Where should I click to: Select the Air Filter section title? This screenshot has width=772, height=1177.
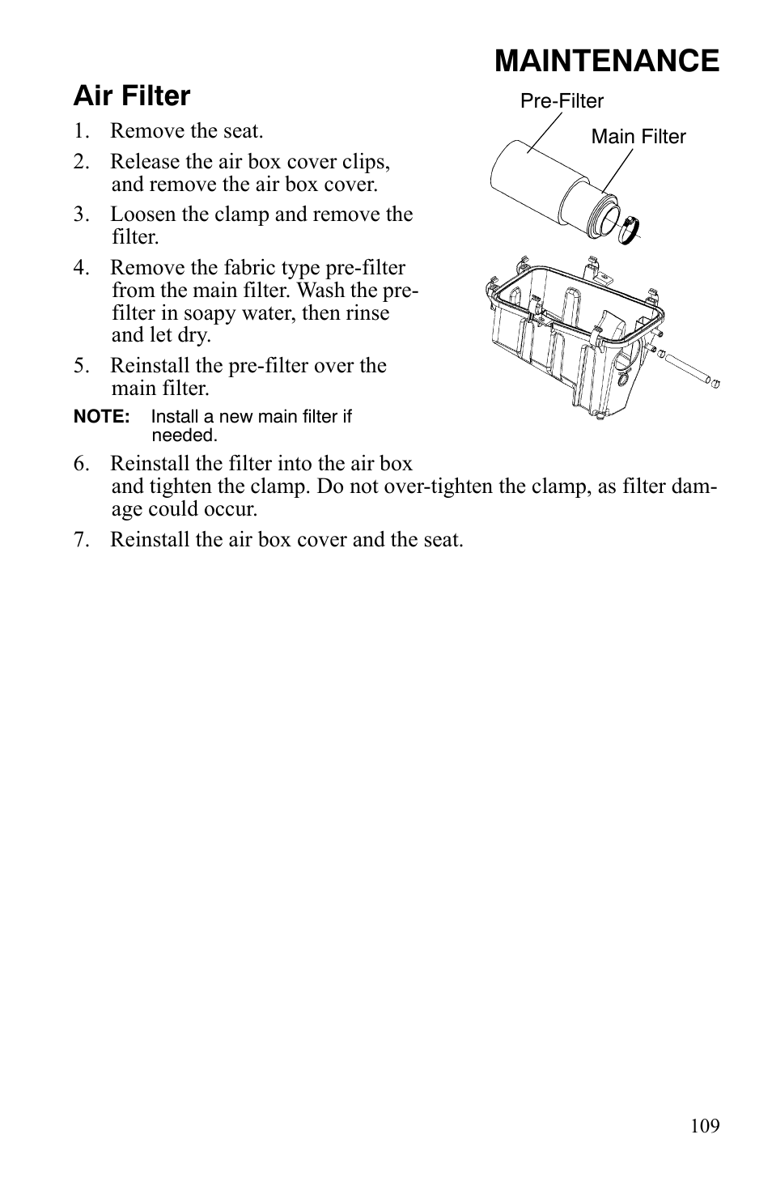click(132, 96)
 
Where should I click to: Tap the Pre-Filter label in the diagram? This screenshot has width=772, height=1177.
click(562, 101)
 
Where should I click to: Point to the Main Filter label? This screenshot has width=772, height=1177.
click(638, 137)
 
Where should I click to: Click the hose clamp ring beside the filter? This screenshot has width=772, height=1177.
click(630, 231)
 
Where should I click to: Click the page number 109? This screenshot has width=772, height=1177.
click(705, 1126)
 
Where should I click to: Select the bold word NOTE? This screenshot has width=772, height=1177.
click(101, 417)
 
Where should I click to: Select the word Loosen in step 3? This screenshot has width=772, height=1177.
click(138, 215)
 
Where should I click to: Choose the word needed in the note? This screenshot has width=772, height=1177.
click(183, 436)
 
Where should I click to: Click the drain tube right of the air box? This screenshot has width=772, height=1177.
click(687, 368)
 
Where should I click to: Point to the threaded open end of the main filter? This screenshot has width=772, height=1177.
click(608, 218)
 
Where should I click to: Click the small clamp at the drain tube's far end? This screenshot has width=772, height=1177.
click(714, 380)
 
